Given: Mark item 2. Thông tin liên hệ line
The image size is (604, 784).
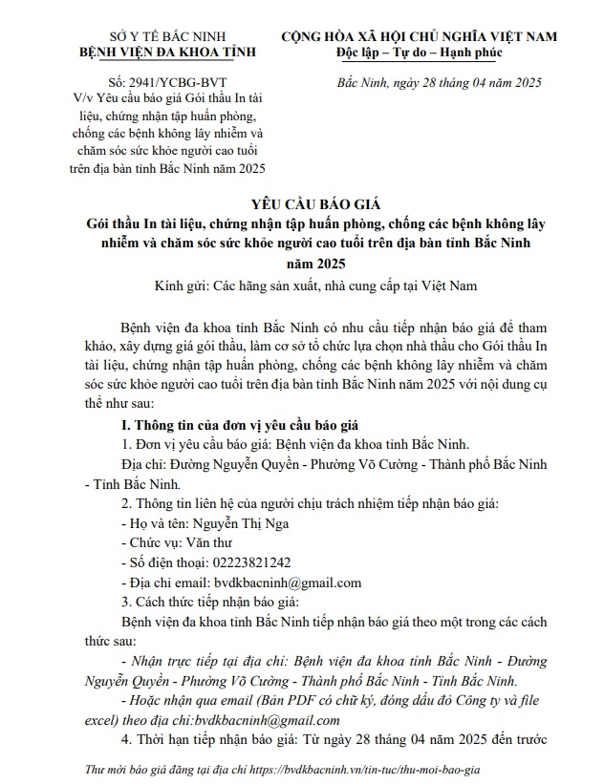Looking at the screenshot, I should [309, 504].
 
